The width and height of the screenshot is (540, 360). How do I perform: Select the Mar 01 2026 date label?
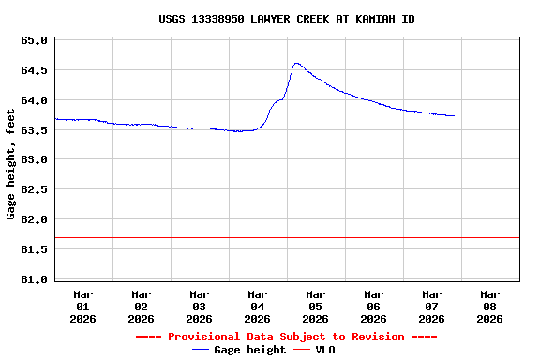coord(82,306)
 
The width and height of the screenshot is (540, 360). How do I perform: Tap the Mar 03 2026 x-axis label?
coord(199,306)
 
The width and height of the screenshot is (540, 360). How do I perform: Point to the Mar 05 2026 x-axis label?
coord(315,306)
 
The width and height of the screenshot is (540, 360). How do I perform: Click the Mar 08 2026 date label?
coord(489,306)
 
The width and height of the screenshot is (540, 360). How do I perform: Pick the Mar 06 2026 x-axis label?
coord(373,306)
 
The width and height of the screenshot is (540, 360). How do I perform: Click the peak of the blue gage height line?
coord(296,64)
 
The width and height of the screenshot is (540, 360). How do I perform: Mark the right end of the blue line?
coord(454,116)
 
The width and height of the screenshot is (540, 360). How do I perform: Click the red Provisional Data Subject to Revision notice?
coord(286,337)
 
